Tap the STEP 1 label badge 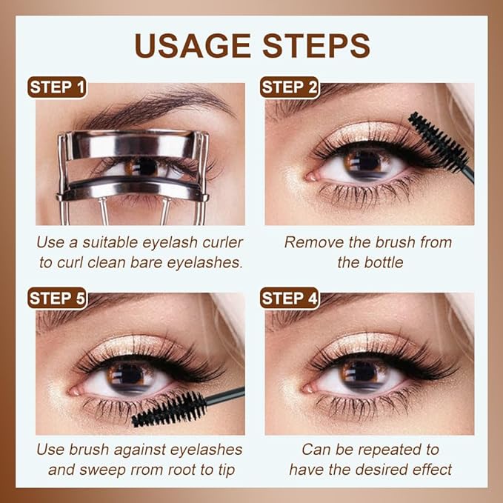coord(57,87)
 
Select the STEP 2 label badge coord(290,87)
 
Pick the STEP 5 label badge coord(57,299)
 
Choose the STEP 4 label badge coord(290,299)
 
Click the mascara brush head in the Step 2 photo coord(437,141)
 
